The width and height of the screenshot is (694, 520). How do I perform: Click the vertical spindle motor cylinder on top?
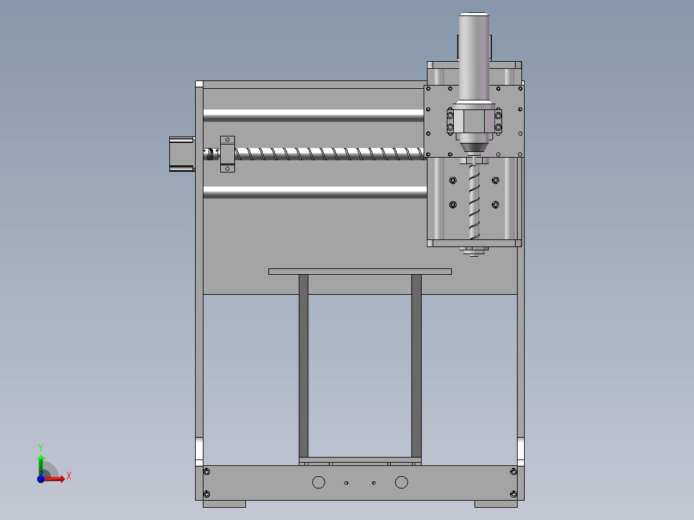[x=474, y=58]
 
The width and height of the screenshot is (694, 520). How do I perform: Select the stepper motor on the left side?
[x=182, y=154]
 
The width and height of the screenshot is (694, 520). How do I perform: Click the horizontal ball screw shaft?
[x=328, y=154]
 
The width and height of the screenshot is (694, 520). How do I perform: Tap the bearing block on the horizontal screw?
[x=228, y=154]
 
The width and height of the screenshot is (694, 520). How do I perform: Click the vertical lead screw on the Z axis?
[x=474, y=200]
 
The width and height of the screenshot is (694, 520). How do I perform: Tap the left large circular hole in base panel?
[x=318, y=482]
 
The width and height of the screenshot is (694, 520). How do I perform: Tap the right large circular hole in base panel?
[x=402, y=482]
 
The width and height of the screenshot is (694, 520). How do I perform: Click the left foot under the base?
[x=224, y=504]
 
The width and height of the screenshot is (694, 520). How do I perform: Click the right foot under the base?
[x=496, y=504]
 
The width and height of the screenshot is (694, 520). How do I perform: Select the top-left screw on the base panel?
[x=207, y=472]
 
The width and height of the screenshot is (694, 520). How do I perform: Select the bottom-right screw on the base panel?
[x=513, y=494]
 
